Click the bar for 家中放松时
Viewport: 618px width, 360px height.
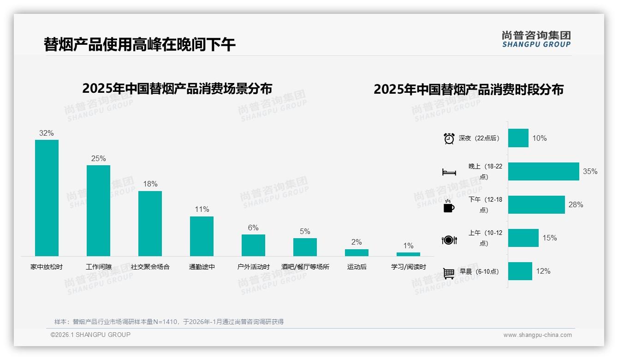coord(47,198)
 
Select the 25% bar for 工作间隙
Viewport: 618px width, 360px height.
coord(98,210)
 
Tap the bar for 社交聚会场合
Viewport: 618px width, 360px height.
coord(150,223)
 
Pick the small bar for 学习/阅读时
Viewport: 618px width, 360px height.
coord(408,254)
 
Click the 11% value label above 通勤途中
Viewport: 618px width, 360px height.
coord(202,209)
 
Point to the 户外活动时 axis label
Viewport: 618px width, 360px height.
coord(253,267)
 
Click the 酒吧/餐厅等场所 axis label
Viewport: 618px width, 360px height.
coord(305,267)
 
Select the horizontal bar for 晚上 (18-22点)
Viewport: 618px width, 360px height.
coord(543,171)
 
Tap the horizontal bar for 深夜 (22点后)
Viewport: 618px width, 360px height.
coord(518,138)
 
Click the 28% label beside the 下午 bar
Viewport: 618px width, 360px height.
coord(576,204)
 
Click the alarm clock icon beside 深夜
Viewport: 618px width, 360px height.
coord(449,138)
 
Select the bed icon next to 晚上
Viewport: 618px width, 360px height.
coord(449,172)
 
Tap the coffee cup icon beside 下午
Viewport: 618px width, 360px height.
coord(449,206)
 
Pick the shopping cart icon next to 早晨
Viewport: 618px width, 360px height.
coord(449,273)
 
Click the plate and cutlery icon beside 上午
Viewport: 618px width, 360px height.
coord(449,240)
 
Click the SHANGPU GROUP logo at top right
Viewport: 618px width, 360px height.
coord(536,39)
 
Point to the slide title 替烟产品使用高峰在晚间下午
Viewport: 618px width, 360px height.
coord(139,45)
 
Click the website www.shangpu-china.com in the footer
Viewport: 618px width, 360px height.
coord(537,335)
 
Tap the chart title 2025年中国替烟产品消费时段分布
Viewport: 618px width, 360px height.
coord(468,90)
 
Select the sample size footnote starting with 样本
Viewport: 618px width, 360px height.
coord(169,322)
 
